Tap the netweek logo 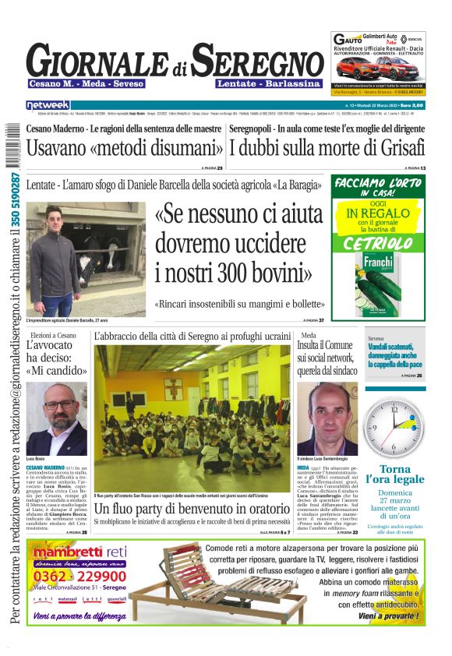[x=48, y=105]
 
